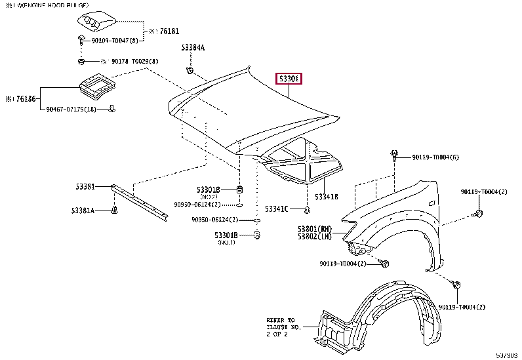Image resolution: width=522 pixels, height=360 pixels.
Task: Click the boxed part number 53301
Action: pyautogui.click(x=289, y=80)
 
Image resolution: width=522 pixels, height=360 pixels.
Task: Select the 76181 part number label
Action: pyautogui.click(x=169, y=31)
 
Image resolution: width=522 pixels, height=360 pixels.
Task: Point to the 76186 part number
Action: pyautogui.click(x=25, y=98)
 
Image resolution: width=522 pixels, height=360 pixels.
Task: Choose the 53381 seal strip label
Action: pyautogui.click(x=84, y=187)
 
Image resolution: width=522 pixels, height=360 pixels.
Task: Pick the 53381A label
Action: pyautogui.click(x=83, y=210)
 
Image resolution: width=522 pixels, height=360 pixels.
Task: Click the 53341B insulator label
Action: pyautogui.click(x=326, y=197)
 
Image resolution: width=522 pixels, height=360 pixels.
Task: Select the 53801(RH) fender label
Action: pyautogui.click(x=315, y=229)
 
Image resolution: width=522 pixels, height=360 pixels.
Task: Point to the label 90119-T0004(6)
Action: pyautogui.click(x=435, y=157)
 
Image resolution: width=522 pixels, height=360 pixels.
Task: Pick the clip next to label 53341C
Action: pyautogui.click(x=307, y=210)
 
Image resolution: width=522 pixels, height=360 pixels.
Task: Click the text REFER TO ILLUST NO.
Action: pyautogui.click(x=283, y=323)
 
